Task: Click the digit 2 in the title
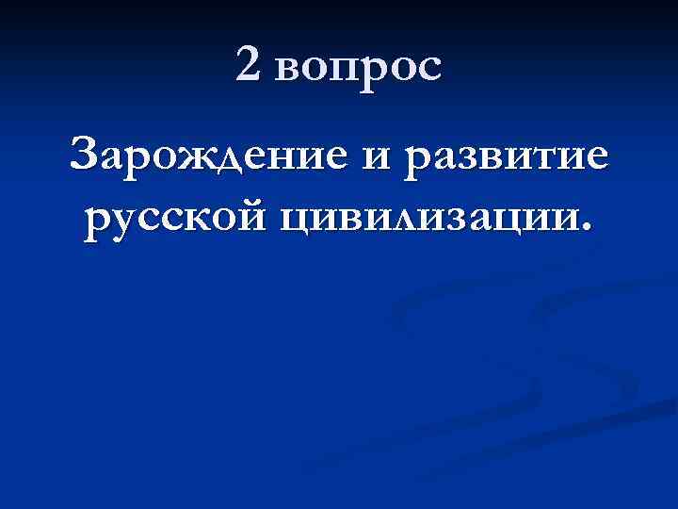click(x=251, y=64)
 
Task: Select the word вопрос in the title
click(x=361, y=68)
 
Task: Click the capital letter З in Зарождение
click(x=88, y=152)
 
